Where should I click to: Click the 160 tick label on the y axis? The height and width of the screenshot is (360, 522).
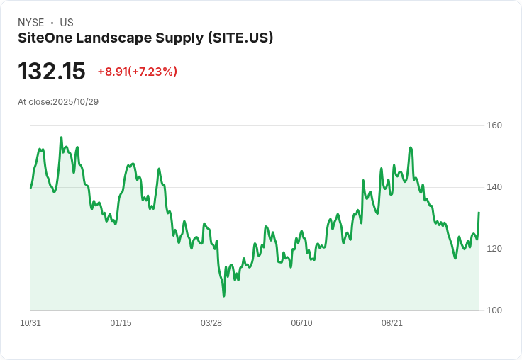point(494,125)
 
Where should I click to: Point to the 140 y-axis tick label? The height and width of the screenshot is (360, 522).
point(494,187)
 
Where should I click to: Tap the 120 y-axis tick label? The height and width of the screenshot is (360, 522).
point(494,249)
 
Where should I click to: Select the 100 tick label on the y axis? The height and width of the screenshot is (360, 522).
point(494,310)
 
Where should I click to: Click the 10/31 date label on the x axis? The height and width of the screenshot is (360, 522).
point(30,323)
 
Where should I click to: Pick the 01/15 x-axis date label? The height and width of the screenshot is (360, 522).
point(121,323)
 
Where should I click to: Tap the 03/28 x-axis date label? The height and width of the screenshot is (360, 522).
point(211,323)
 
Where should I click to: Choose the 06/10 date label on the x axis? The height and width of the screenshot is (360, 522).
point(301,323)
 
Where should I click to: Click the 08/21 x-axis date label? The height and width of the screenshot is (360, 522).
point(392,323)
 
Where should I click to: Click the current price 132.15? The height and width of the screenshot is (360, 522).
point(52,72)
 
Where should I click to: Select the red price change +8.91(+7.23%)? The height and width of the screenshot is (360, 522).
point(137,72)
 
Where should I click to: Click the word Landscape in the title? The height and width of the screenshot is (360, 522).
point(118,38)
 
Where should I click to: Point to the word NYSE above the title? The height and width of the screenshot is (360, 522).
point(31,23)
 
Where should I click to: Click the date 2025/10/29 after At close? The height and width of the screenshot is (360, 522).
point(76,102)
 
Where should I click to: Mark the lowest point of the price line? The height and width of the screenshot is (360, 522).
point(223,296)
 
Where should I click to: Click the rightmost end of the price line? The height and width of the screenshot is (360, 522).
point(479,213)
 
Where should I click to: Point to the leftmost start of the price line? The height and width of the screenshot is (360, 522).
point(30,187)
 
